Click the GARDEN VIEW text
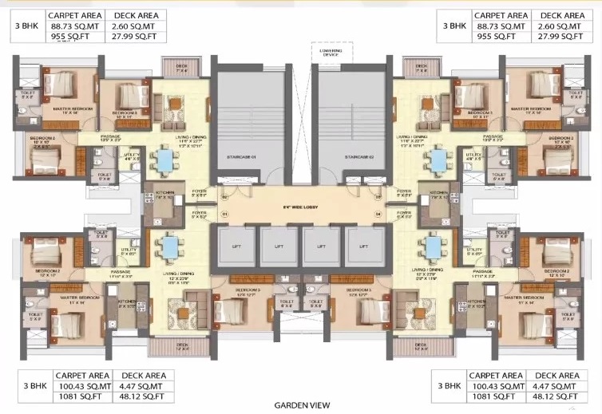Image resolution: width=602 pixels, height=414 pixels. pos(301,404)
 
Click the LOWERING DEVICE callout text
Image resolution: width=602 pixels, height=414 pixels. pos(328,53)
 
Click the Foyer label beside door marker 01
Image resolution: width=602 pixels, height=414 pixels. pos(199,215)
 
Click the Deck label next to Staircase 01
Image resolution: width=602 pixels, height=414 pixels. pos(182,69)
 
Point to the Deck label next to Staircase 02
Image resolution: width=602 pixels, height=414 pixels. pos(420,69)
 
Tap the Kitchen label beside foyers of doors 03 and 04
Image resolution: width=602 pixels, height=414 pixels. pos(438,194)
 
